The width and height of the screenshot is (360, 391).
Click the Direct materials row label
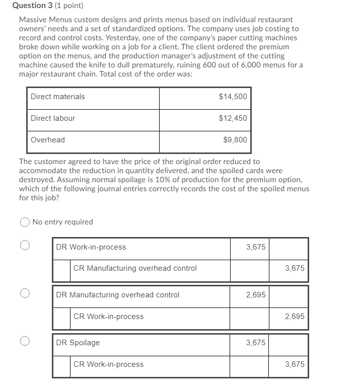[58, 97]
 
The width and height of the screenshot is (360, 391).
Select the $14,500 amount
[233, 97]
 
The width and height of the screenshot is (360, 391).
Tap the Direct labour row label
[53, 118]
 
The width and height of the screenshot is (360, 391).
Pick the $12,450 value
[233, 118]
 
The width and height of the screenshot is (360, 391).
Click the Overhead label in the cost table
[48, 140]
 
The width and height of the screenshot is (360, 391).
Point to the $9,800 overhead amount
[235, 140]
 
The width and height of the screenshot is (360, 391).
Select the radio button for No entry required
[24, 222]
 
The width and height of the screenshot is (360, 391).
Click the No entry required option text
[62, 222]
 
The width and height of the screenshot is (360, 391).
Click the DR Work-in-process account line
[91, 247]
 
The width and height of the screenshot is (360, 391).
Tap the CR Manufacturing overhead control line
[135, 268]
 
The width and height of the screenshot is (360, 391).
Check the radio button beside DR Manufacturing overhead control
[24, 293]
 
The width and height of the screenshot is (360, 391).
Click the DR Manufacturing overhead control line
[118, 295]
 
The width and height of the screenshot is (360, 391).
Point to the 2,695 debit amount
[256, 295]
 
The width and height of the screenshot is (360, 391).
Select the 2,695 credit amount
[295, 317]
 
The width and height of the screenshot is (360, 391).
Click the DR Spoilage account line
[78, 343]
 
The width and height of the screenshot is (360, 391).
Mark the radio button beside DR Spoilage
[24, 341]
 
